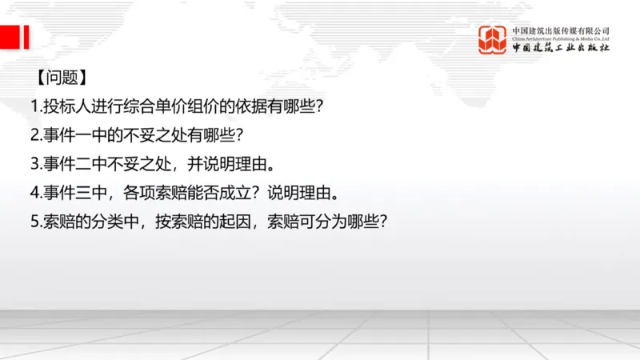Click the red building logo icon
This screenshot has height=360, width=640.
coord(492,40)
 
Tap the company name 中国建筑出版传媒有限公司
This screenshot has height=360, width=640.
coord(561,30)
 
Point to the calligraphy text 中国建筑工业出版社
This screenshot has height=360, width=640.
coord(561,49)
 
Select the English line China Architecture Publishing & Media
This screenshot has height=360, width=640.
coord(561,38)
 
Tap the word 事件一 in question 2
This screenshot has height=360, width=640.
coord(64,135)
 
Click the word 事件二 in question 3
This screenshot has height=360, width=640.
coord(64,164)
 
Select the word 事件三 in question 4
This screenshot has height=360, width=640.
coord(64,193)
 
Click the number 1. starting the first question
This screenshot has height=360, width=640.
coord(35,106)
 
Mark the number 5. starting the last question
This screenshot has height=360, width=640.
coord(35,222)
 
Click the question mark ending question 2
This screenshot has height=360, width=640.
coord(238,135)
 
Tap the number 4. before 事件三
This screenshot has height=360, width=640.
coord(35,193)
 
